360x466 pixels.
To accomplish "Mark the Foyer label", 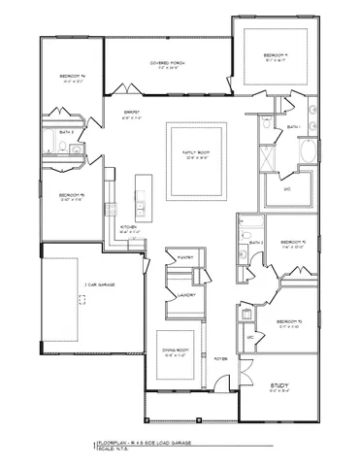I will click(220, 356).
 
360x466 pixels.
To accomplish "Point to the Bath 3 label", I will click(66, 132).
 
